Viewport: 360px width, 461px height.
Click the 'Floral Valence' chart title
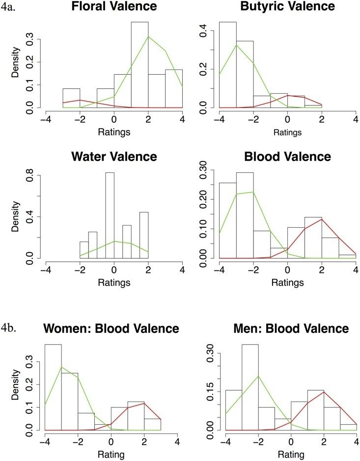point(114,7)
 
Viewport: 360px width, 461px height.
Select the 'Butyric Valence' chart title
point(287,7)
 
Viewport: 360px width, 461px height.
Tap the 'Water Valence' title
point(114,157)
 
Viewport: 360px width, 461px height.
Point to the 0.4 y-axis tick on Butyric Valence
point(206,31)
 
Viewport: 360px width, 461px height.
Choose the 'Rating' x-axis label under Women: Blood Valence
point(114,455)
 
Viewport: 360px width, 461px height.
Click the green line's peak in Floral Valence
point(148,37)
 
